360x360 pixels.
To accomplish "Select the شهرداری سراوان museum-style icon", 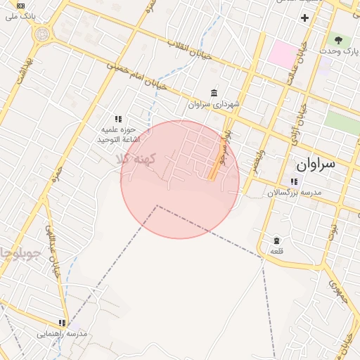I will tap(214, 94).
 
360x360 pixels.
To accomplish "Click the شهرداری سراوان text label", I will tap(214, 104).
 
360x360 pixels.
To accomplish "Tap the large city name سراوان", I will tap(316, 165).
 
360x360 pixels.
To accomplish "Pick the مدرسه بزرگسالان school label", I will tap(294, 192).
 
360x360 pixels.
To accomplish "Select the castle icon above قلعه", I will tap(276, 240).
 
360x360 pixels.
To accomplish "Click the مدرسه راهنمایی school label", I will tap(63, 333).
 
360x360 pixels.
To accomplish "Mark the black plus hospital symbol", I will tap(304, 18).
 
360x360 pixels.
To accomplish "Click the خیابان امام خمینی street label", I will tap(137, 77).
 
